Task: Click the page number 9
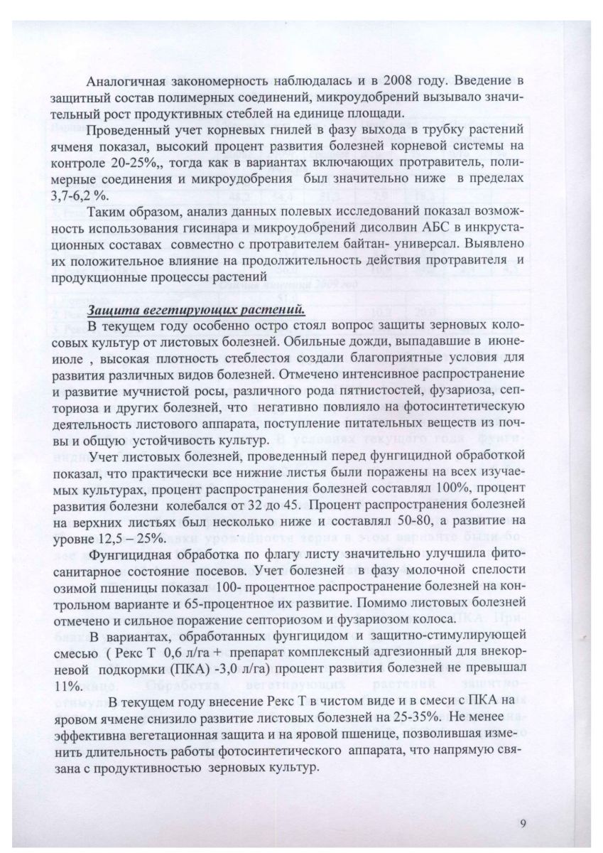point(523,824)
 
